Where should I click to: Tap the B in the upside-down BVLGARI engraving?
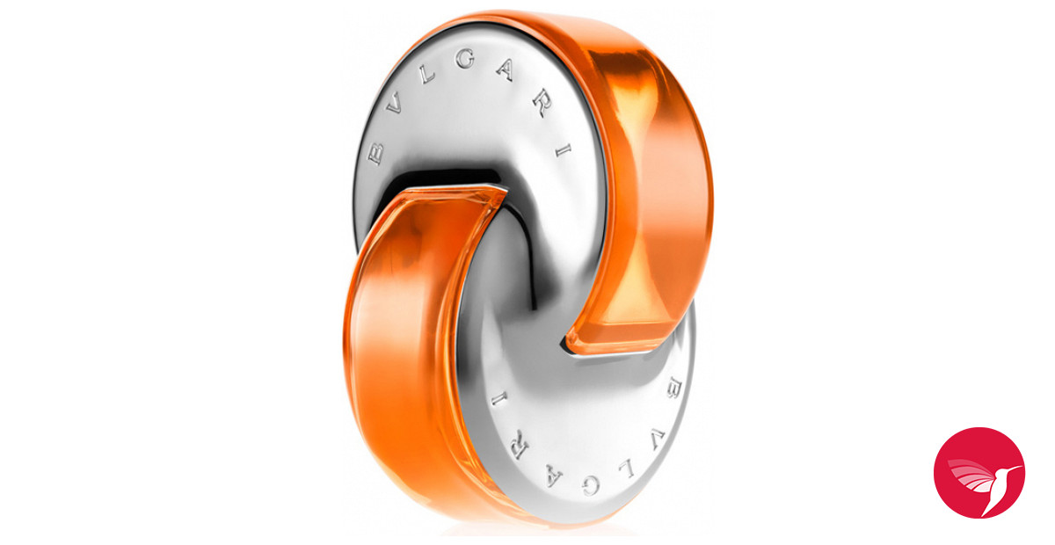[x=678, y=385]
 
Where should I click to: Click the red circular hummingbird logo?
[x=979, y=472]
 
